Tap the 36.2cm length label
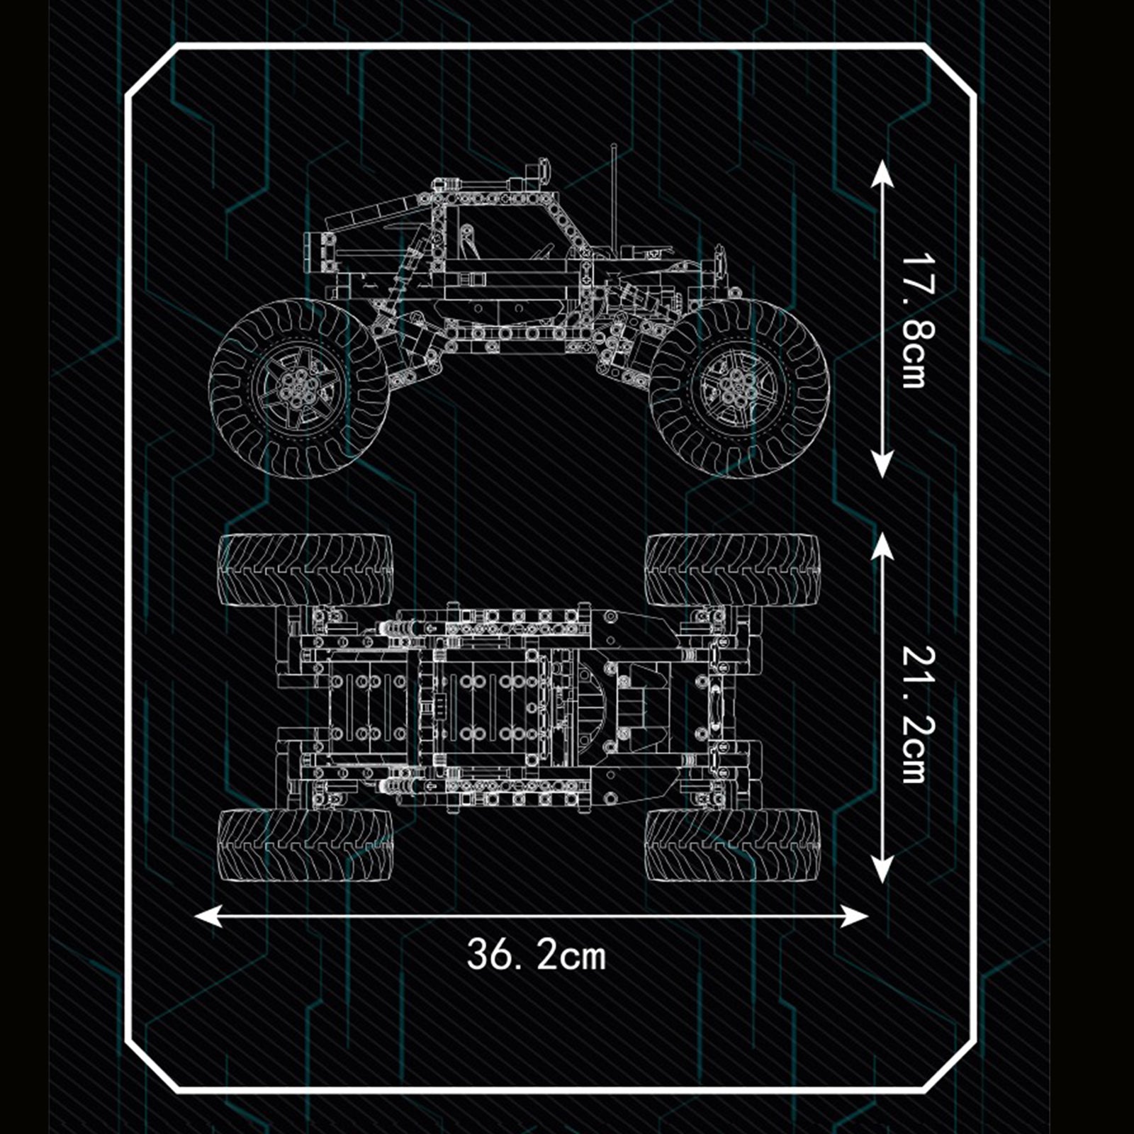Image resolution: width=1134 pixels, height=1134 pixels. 537,955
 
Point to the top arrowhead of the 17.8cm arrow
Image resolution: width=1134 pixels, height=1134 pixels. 881,172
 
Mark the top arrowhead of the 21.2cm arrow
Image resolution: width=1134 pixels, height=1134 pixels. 881,546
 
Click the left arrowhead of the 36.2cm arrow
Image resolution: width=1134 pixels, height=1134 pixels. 207,916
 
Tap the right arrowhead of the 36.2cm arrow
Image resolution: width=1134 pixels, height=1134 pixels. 855,916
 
